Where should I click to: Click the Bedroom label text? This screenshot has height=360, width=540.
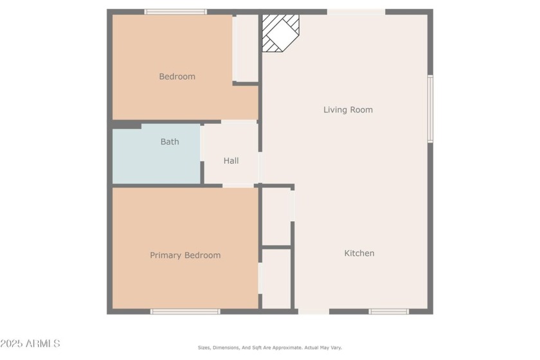(x=177, y=76)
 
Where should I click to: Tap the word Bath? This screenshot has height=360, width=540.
(x=170, y=141)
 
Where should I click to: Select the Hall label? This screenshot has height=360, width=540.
(x=231, y=161)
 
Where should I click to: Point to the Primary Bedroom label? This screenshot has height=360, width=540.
(x=185, y=255)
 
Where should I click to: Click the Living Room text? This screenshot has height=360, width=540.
(x=348, y=110)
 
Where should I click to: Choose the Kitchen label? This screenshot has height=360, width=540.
(x=359, y=253)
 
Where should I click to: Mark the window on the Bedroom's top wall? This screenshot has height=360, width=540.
(x=175, y=12)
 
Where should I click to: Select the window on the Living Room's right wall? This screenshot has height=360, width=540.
(x=430, y=109)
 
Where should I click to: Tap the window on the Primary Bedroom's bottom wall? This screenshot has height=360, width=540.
(x=185, y=312)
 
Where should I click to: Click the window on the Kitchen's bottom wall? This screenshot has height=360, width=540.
(x=388, y=312)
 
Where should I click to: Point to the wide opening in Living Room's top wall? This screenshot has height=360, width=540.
(x=356, y=12)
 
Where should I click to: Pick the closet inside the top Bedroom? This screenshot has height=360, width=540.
(x=246, y=48)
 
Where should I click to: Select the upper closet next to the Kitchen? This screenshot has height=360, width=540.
(x=276, y=216)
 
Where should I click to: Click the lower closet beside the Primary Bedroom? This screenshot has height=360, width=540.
(x=276, y=279)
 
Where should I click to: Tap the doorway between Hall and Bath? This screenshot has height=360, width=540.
(x=203, y=143)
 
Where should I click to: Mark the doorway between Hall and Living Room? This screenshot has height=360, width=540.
(x=260, y=167)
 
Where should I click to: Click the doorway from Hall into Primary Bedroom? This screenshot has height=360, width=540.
(x=238, y=186)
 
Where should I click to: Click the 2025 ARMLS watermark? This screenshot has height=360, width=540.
(x=30, y=344)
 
